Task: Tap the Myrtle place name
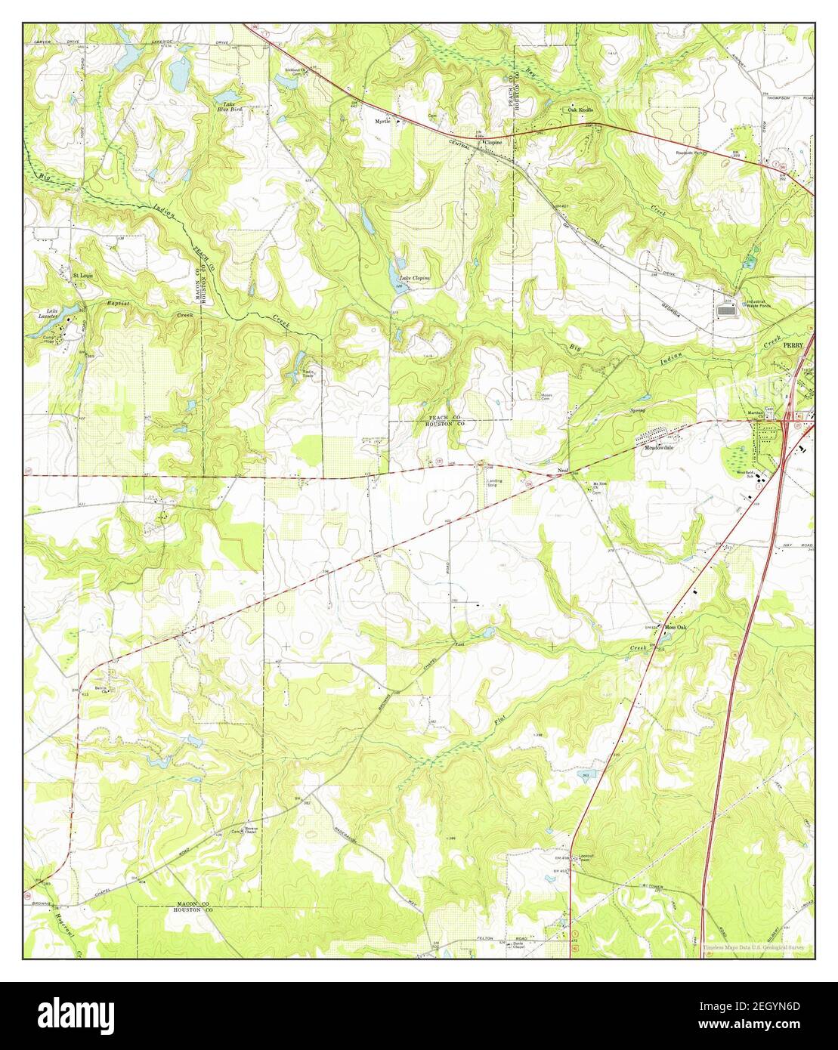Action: [384, 121]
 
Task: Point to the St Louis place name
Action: [82, 276]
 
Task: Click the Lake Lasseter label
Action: [53, 313]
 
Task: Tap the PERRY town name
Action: [793, 343]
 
